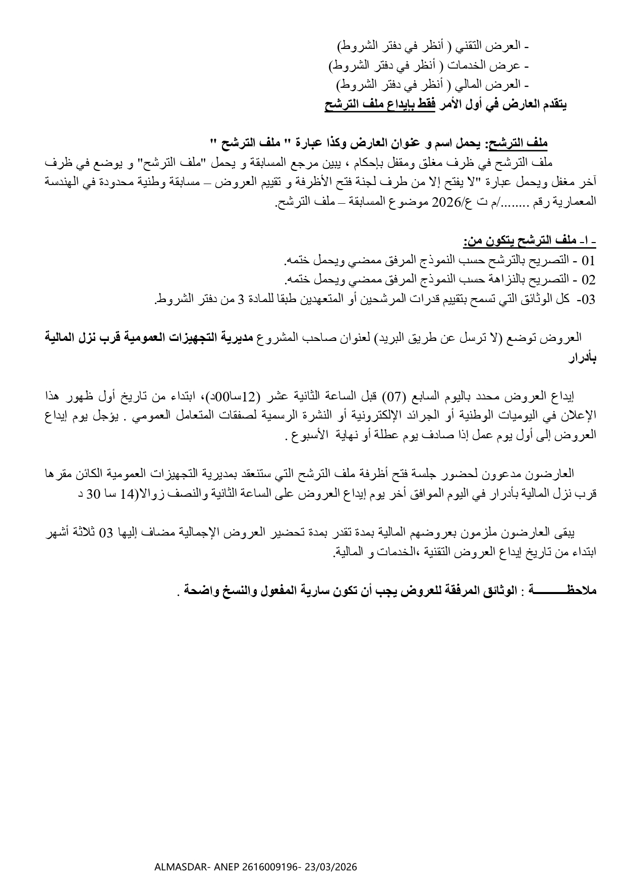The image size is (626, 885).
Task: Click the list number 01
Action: tap(589, 261)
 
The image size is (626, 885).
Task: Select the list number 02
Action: tap(589, 279)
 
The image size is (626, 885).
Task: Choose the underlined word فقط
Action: tap(423, 105)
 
